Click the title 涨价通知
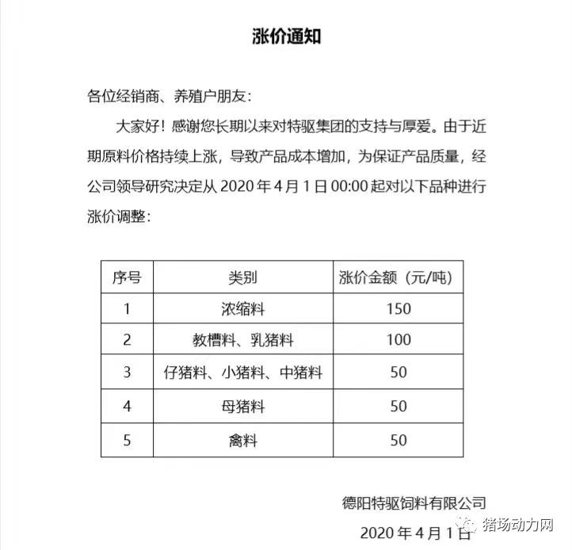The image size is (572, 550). pos(286,36)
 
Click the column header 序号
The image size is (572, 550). pos(127,277)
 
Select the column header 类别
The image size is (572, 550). pos(243,277)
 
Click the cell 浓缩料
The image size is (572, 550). pos(243,309)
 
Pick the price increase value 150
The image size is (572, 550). pos(398,309)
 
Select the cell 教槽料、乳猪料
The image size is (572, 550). pos(243,341)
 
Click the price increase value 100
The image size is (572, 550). pos(398,341)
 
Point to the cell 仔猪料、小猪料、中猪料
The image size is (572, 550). pos(243,372)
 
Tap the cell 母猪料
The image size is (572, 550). pos(243,407)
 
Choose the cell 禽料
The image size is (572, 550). pos(243,440)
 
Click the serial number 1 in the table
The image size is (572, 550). pos(127,309)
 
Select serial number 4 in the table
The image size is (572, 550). pos(127,407)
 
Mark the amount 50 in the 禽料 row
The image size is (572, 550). pos(398,440)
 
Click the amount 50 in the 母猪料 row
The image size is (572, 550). pos(398,407)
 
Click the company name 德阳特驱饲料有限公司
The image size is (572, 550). pos(414,502)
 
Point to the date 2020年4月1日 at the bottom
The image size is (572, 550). pos(412,531)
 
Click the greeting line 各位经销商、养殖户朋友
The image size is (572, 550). pos(169,97)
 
